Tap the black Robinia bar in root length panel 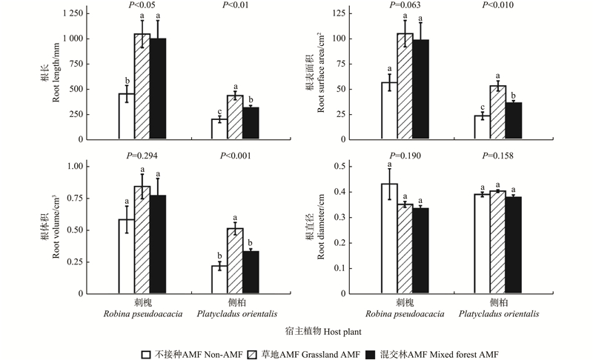(158, 89)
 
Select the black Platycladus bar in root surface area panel (513, 121)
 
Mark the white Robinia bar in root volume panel (126, 256)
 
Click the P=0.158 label (497, 155)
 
